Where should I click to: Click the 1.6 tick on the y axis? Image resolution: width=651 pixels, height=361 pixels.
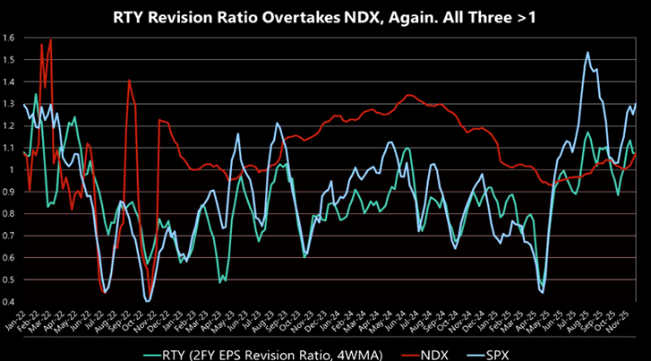point(8,38)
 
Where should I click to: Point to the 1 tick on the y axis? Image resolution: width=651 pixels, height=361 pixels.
point(12,169)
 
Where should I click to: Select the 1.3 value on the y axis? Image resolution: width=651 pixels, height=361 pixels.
point(8,104)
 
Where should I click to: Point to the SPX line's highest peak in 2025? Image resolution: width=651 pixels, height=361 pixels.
point(587,53)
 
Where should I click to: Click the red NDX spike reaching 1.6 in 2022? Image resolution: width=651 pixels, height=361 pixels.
point(51,39)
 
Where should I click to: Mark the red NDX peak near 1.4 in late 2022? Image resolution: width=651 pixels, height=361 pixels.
point(129,81)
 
